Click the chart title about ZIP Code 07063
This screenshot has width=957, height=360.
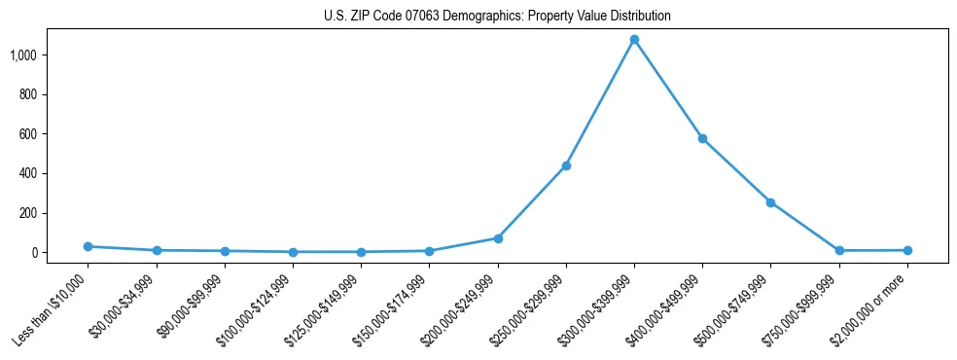point(497,17)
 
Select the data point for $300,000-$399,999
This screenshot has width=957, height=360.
point(634,40)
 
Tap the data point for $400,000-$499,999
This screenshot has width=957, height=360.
point(702,138)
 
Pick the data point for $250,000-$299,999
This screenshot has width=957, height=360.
point(566,165)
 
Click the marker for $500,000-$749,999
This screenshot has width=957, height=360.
point(770,202)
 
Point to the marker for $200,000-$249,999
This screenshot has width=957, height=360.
point(498,238)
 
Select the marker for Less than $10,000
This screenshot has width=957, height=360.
point(89,246)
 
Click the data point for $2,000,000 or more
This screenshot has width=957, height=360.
point(907,250)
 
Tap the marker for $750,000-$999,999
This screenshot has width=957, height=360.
point(839,250)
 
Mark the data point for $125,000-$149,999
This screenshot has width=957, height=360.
point(361,252)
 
